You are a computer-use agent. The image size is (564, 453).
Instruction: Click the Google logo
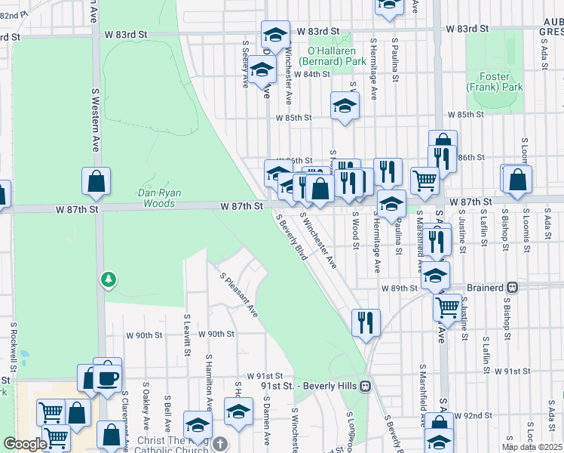(x=24, y=444)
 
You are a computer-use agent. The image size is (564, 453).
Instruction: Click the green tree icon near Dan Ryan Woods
(x=109, y=280)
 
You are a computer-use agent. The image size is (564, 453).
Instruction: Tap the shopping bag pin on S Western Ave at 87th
(x=97, y=181)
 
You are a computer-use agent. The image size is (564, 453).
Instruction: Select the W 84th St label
(x=313, y=75)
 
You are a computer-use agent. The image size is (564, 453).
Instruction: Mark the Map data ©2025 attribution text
(x=531, y=447)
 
